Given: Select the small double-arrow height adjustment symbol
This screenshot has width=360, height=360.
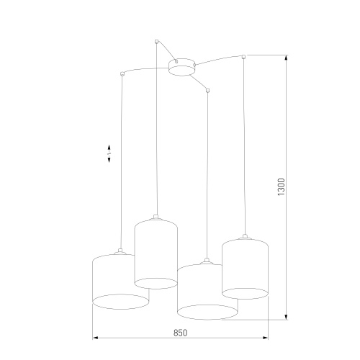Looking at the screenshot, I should [109, 155].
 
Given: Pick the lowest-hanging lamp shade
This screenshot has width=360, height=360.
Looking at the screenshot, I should [207, 292].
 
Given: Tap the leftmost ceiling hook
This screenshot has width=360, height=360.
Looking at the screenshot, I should [122, 73].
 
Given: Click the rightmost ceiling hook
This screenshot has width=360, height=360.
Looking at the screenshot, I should [245, 56].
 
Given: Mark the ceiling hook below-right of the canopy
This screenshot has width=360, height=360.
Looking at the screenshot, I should [207, 91].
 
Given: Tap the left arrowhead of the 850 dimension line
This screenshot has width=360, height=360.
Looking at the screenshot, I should [95, 338].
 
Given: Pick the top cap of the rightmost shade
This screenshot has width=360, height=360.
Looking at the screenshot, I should [245, 238].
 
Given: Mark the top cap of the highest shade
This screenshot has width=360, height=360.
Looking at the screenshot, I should [156, 216].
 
